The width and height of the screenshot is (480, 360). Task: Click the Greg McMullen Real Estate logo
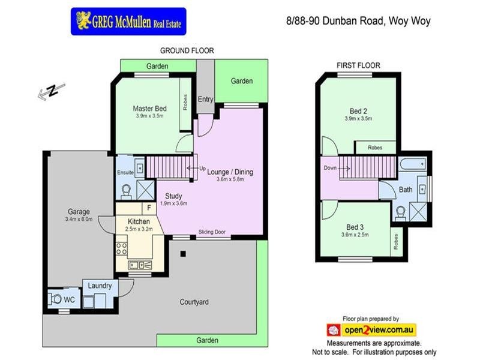click(128, 21)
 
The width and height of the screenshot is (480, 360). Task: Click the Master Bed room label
click(149, 108)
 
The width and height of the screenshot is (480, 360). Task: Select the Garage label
click(79, 211)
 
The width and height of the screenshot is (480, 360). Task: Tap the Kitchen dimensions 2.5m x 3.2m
click(140, 229)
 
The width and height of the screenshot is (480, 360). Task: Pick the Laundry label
click(100, 286)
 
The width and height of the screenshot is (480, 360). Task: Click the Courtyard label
click(194, 302)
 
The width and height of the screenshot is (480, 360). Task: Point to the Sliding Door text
click(212, 232)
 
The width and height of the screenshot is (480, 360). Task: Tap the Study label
click(173, 196)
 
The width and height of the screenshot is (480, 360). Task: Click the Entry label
click(205, 99)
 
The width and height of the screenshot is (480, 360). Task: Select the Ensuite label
click(125, 173)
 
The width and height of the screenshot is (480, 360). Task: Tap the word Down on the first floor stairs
click(329, 168)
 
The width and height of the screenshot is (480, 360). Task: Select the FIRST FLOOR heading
click(359, 65)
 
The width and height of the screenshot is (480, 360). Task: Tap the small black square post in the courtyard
click(184, 254)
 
